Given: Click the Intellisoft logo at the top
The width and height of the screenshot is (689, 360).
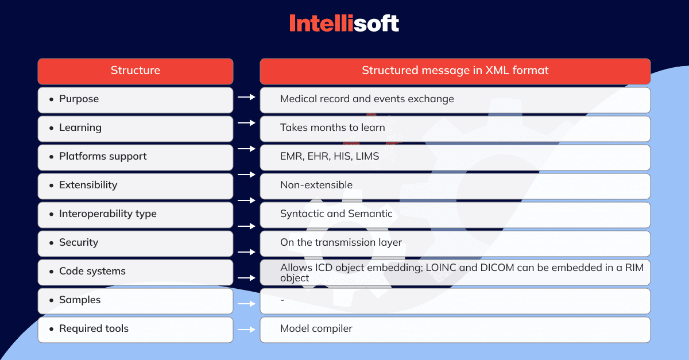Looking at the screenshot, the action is [x=344, y=23].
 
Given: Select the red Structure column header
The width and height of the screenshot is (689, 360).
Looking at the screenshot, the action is [x=136, y=71].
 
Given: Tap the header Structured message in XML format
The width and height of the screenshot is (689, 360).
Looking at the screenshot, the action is [x=455, y=71].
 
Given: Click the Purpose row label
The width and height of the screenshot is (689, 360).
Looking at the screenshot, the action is [x=79, y=99].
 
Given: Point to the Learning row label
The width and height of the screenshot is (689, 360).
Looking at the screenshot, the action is [x=80, y=127].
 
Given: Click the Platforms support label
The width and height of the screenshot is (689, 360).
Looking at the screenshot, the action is [x=103, y=156].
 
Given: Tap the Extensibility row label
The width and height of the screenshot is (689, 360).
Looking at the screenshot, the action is [x=88, y=185].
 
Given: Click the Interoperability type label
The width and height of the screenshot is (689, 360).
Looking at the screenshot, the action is [x=108, y=214].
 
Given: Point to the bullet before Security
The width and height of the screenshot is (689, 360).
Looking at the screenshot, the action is [x=51, y=243].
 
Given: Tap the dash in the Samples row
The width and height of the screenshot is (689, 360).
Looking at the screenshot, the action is [x=282, y=300].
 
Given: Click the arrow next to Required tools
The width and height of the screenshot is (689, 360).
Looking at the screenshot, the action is [x=246, y=330].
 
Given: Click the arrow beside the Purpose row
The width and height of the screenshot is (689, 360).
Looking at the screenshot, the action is [x=246, y=97].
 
